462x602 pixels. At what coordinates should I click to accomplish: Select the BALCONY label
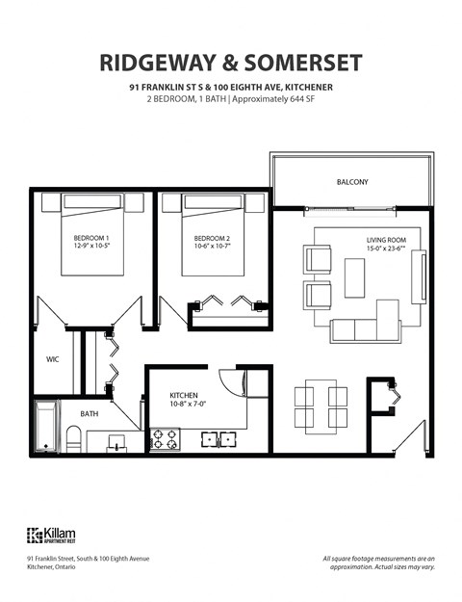352,182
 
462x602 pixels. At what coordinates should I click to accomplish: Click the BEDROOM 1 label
91,238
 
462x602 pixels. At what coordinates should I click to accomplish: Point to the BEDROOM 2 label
212,238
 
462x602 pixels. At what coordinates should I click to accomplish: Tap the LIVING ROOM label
385,240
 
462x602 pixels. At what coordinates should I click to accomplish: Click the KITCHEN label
184,395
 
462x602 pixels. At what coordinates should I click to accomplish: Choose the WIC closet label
53,359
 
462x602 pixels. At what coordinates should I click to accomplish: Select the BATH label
90,413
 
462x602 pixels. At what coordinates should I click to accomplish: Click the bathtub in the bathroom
47,428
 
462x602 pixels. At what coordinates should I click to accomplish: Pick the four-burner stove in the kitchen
164,439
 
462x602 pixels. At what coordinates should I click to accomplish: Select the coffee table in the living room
354,276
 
